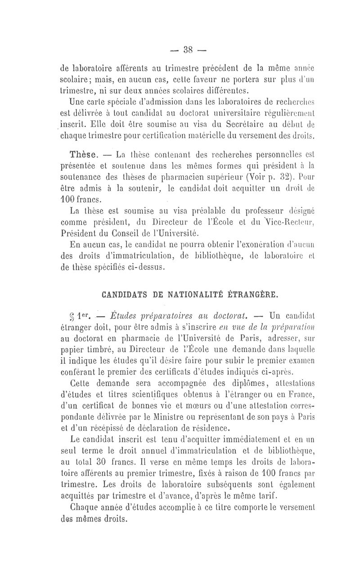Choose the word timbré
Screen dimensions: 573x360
coord(99,349)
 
